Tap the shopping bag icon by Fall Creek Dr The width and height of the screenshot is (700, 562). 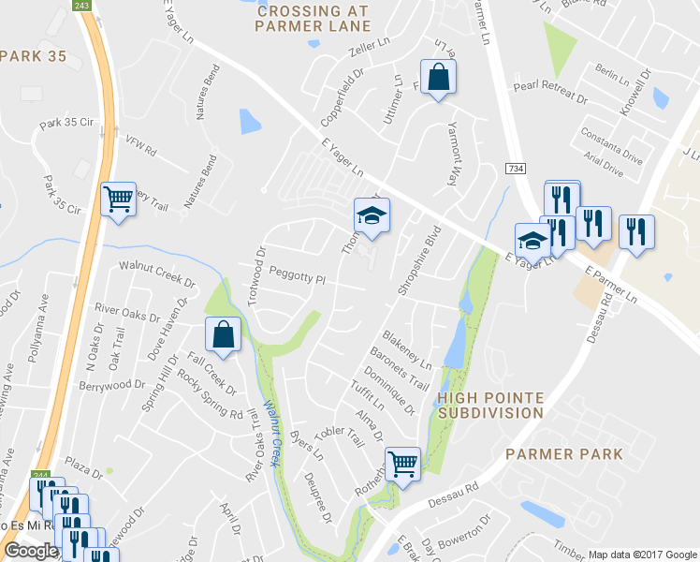(x=224, y=336)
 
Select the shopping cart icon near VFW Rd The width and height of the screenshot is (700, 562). (x=119, y=200)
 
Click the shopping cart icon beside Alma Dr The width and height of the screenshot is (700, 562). (x=402, y=463)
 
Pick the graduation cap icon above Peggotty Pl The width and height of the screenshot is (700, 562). (x=371, y=216)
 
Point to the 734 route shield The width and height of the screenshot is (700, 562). (x=515, y=167)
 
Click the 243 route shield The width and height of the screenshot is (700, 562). (x=82, y=6)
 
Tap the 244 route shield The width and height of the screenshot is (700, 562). (x=39, y=476)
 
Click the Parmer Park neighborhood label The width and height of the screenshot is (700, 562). (x=563, y=454)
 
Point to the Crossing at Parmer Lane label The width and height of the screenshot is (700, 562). (x=313, y=19)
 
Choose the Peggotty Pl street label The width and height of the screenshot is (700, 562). (x=296, y=279)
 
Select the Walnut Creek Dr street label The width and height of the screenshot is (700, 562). (x=156, y=274)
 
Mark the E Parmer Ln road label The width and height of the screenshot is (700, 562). (x=610, y=285)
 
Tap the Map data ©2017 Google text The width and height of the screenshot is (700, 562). (x=641, y=554)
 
